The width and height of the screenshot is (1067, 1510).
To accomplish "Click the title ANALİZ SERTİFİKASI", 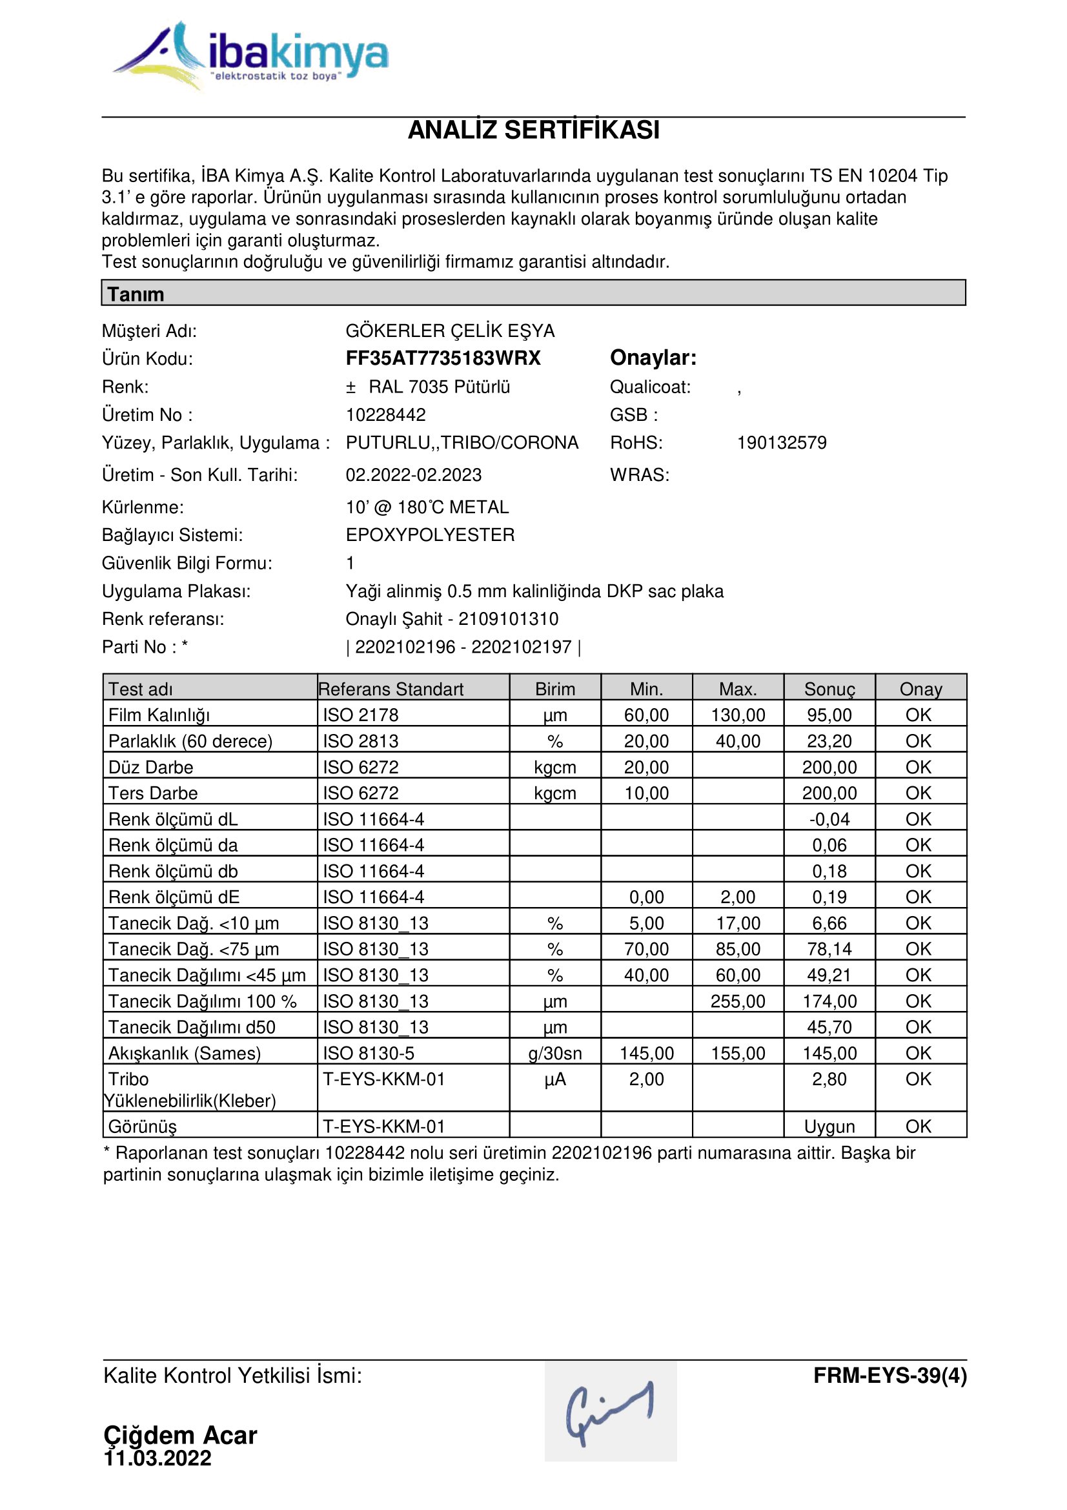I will tap(533, 130).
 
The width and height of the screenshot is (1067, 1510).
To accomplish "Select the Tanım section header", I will tap(136, 293).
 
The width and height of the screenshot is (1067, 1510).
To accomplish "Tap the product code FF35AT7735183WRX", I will tap(443, 358).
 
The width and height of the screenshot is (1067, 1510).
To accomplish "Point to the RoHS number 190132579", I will tap(781, 443).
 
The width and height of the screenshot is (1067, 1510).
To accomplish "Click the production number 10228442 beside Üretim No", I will tap(386, 415).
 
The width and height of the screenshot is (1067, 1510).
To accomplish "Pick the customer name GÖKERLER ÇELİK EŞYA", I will tap(451, 331).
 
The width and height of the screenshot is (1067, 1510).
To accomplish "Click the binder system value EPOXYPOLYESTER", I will tap(430, 535).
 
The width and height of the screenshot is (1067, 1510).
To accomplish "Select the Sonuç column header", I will tap(829, 689).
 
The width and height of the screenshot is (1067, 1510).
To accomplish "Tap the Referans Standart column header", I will tap(391, 689).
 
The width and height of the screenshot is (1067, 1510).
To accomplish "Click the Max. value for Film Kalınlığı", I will tap(738, 715).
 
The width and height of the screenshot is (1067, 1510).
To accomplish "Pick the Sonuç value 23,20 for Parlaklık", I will tap(829, 741).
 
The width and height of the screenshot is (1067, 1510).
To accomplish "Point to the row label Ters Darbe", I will tap(152, 793).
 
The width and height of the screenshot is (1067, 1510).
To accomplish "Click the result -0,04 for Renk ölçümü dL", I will tap(829, 819).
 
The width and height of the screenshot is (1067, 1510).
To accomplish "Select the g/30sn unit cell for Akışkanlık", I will tap(555, 1054).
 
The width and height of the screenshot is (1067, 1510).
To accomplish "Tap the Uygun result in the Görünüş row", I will tap(829, 1127).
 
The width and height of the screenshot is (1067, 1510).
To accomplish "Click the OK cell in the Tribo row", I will tap(919, 1079).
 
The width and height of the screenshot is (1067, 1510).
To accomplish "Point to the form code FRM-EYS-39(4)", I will tap(889, 1376).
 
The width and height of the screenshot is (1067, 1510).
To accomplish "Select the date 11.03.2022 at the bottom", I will tap(158, 1458).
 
